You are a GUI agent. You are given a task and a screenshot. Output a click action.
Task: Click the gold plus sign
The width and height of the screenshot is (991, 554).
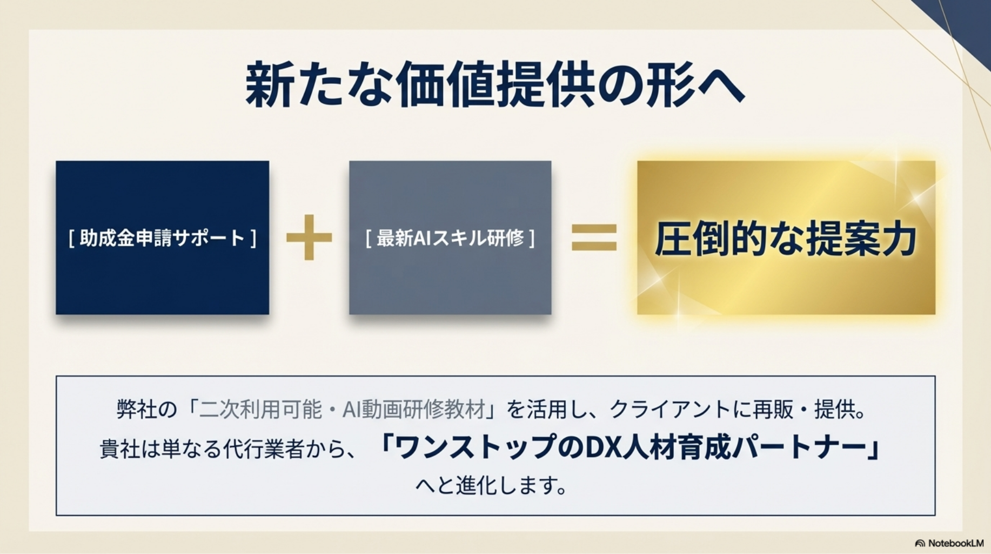coord(309,238)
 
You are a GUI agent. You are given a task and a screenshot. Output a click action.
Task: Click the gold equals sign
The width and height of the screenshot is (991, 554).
coord(594,238)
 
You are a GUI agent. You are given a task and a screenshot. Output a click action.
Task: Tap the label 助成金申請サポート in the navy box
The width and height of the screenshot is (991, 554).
coord(162,238)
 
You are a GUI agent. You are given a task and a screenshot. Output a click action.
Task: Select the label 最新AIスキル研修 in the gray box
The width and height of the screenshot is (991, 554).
coord(450,238)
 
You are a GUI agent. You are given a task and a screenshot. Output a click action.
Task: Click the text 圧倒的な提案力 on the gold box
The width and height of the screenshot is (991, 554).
coord(786,239)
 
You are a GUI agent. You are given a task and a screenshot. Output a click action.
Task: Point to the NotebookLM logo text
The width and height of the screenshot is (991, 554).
coord(955,543)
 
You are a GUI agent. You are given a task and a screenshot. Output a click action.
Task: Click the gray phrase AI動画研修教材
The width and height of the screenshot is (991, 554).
coord(414,410)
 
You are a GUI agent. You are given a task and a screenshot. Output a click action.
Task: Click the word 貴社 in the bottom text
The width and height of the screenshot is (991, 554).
coord(119,449)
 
